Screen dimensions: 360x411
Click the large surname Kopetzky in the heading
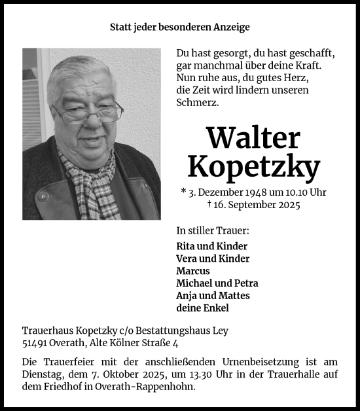tap(253, 167)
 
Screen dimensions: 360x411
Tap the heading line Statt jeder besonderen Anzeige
tap(179, 27)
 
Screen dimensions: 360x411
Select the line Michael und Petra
tap(217, 283)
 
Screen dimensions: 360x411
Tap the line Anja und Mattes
tap(213, 296)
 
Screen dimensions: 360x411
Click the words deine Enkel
tap(202, 308)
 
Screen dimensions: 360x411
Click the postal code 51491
tap(34, 342)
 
